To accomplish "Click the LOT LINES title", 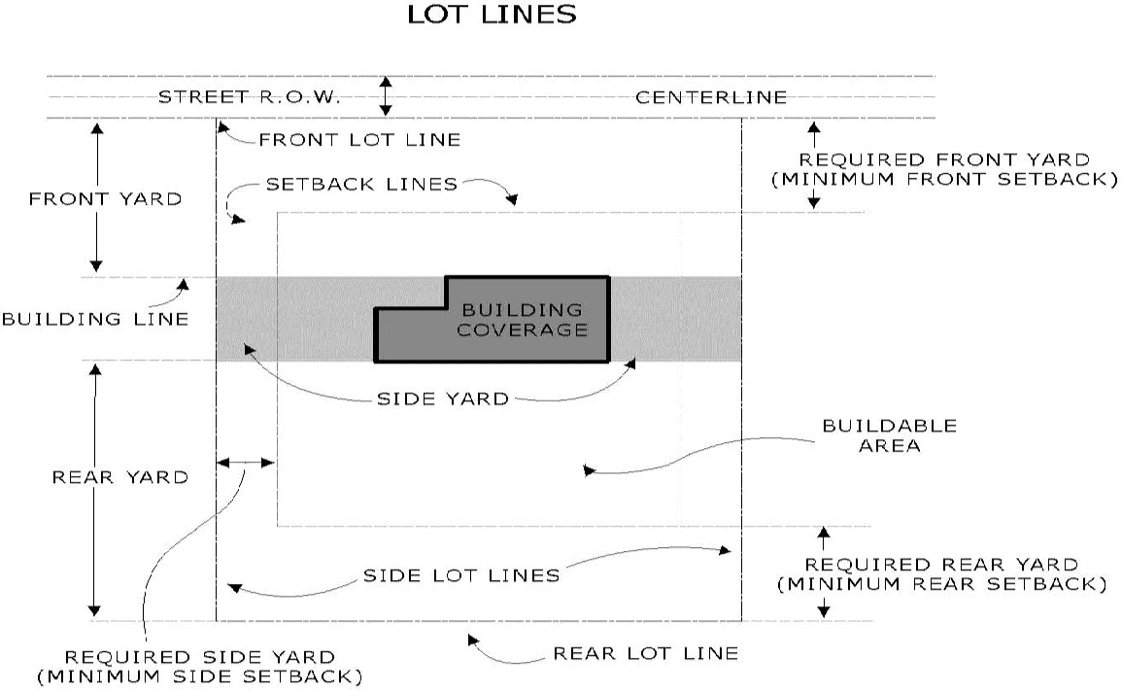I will click(491, 15).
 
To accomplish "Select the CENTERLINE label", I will click(711, 97).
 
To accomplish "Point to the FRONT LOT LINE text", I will click(359, 140).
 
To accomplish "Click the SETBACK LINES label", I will click(361, 184).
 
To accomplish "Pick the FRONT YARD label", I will click(105, 199).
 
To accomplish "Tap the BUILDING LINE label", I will click(94, 319).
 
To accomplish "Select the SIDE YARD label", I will click(442, 398).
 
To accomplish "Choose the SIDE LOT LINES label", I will click(461, 575).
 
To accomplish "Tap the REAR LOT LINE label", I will click(646, 653).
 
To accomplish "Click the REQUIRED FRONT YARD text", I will click(942, 159).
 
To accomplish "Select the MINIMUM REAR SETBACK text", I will click(941, 584).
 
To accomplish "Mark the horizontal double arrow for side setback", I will click(246, 464).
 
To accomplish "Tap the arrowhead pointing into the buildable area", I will click(589, 471).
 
